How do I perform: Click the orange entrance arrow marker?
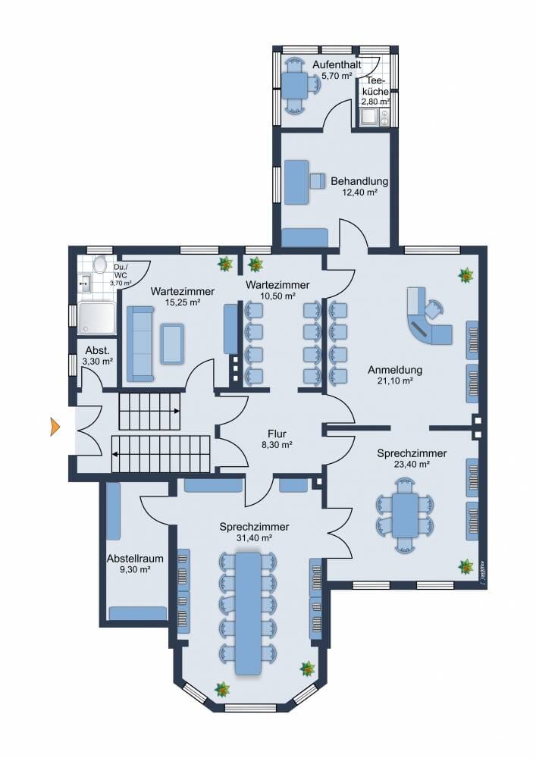pyautogui.click(x=55, y=428)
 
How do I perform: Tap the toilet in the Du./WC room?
pyautogui.click(x=100, y=265)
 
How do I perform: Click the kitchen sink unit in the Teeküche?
pyautogui.click(x=374, y=117)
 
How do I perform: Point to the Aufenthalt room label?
pyautogui.click(x=337, y=64)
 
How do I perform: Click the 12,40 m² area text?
pyautogui.click(x=359, y=192)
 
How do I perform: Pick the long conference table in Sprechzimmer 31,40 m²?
pyautogui.click(x=249, y=613)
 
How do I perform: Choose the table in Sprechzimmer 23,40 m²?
pyautogui.click(x=405, y=515)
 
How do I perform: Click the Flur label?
pyautogui.click(x=277, y=434)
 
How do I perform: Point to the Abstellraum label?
pyautogui.click(x=135, y=559)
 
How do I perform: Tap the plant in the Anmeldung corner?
pyautogui.click(x=466, y=276)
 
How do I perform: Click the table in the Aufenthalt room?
pyautogui.click(x=294, y=85)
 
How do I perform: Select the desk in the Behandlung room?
pyautogui.click(x=296, y=182)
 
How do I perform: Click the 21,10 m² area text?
pyautogui.click(x=395, y=381)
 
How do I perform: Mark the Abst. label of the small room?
pyautogui.click(x=98, y=350)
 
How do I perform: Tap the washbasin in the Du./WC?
pyautogui.click(x=85, y=283)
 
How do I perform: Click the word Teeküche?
pyautogui.click(x=375, y=86)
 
